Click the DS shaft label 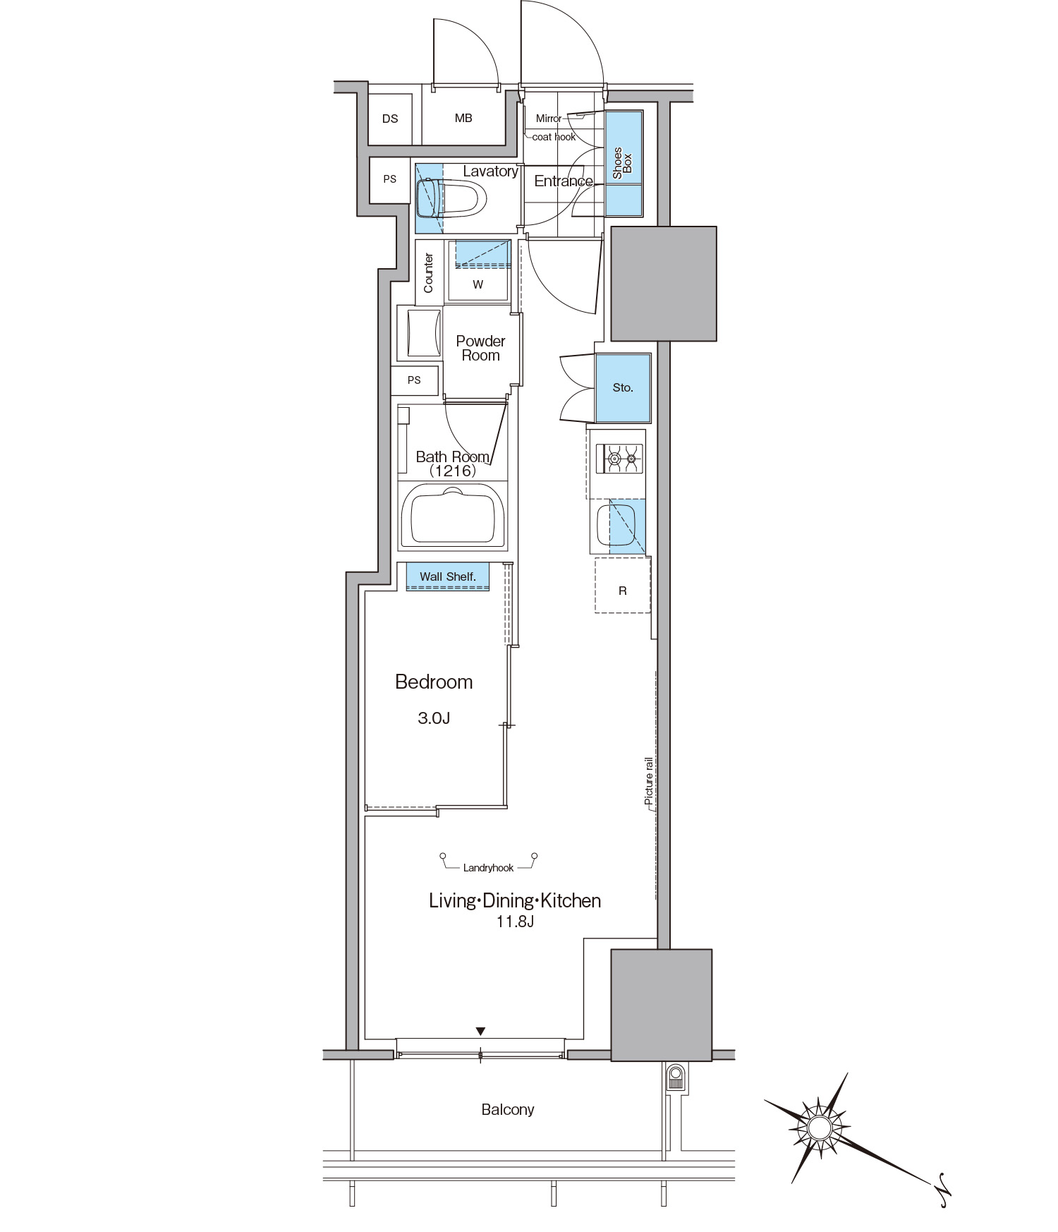[390, 119]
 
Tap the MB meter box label [463, 118]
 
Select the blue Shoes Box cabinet [624, 164]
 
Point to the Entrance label [564, 181]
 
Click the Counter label [428, 273]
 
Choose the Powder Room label [480, 349]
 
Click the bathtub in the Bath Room [452, 517]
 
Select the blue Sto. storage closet [623, 387]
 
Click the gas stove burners [620, 459]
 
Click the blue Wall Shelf [448, 576]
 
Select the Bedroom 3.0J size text [434, 718]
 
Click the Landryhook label [488, 868]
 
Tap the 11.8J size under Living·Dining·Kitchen [515, 922]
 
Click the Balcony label [508, 1109]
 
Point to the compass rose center [819, 1128]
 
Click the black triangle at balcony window [480, 1032]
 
